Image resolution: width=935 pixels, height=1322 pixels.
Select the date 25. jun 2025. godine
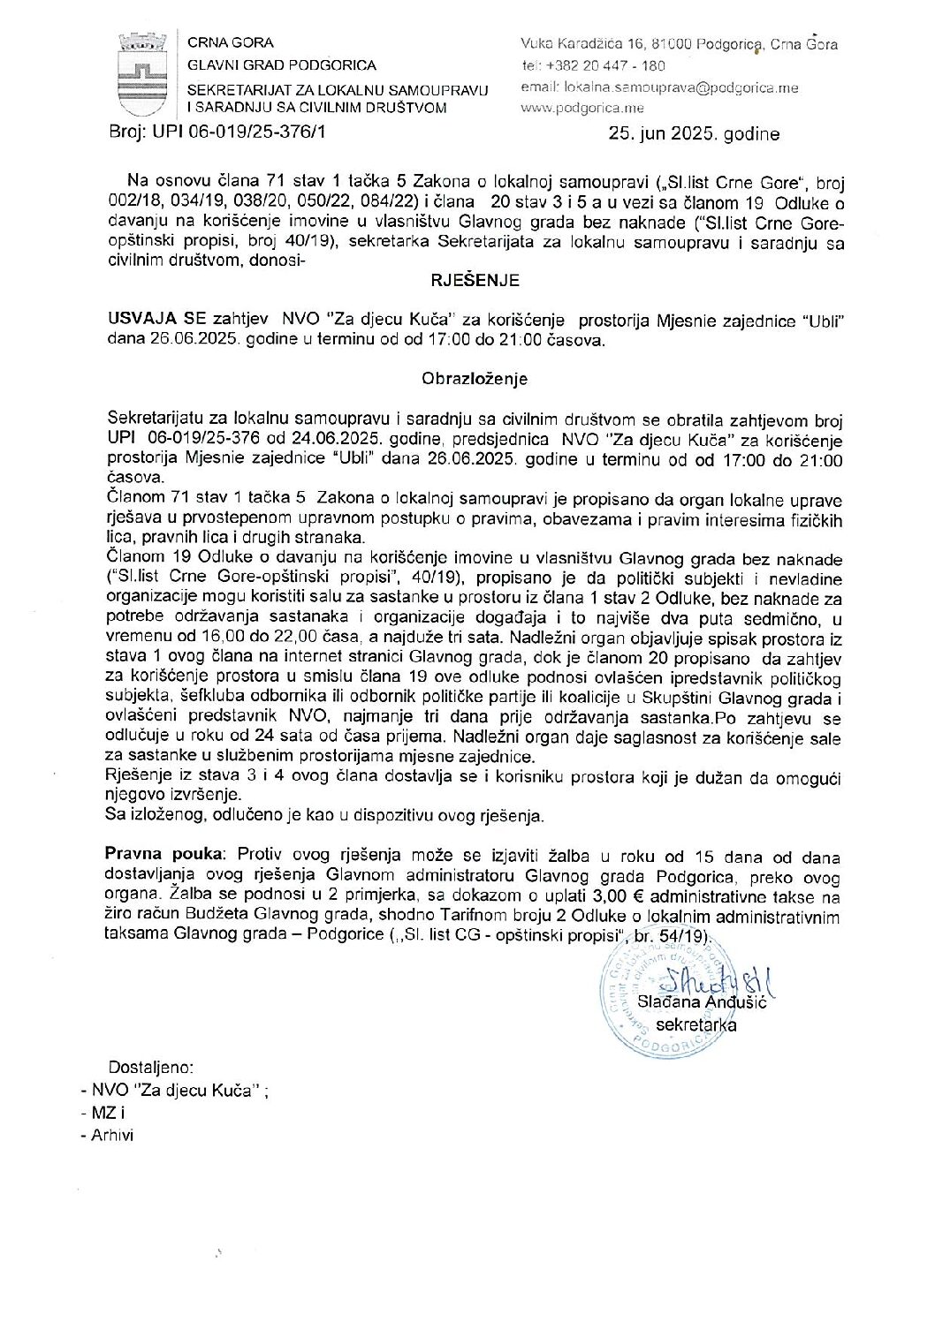(x=694, y=134)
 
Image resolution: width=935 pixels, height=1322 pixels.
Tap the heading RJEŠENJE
(x=475, y=281)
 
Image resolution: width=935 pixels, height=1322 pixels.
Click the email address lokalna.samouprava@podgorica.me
(x=673, y=87)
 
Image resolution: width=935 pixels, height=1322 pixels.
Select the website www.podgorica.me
(x=582, y=109)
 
